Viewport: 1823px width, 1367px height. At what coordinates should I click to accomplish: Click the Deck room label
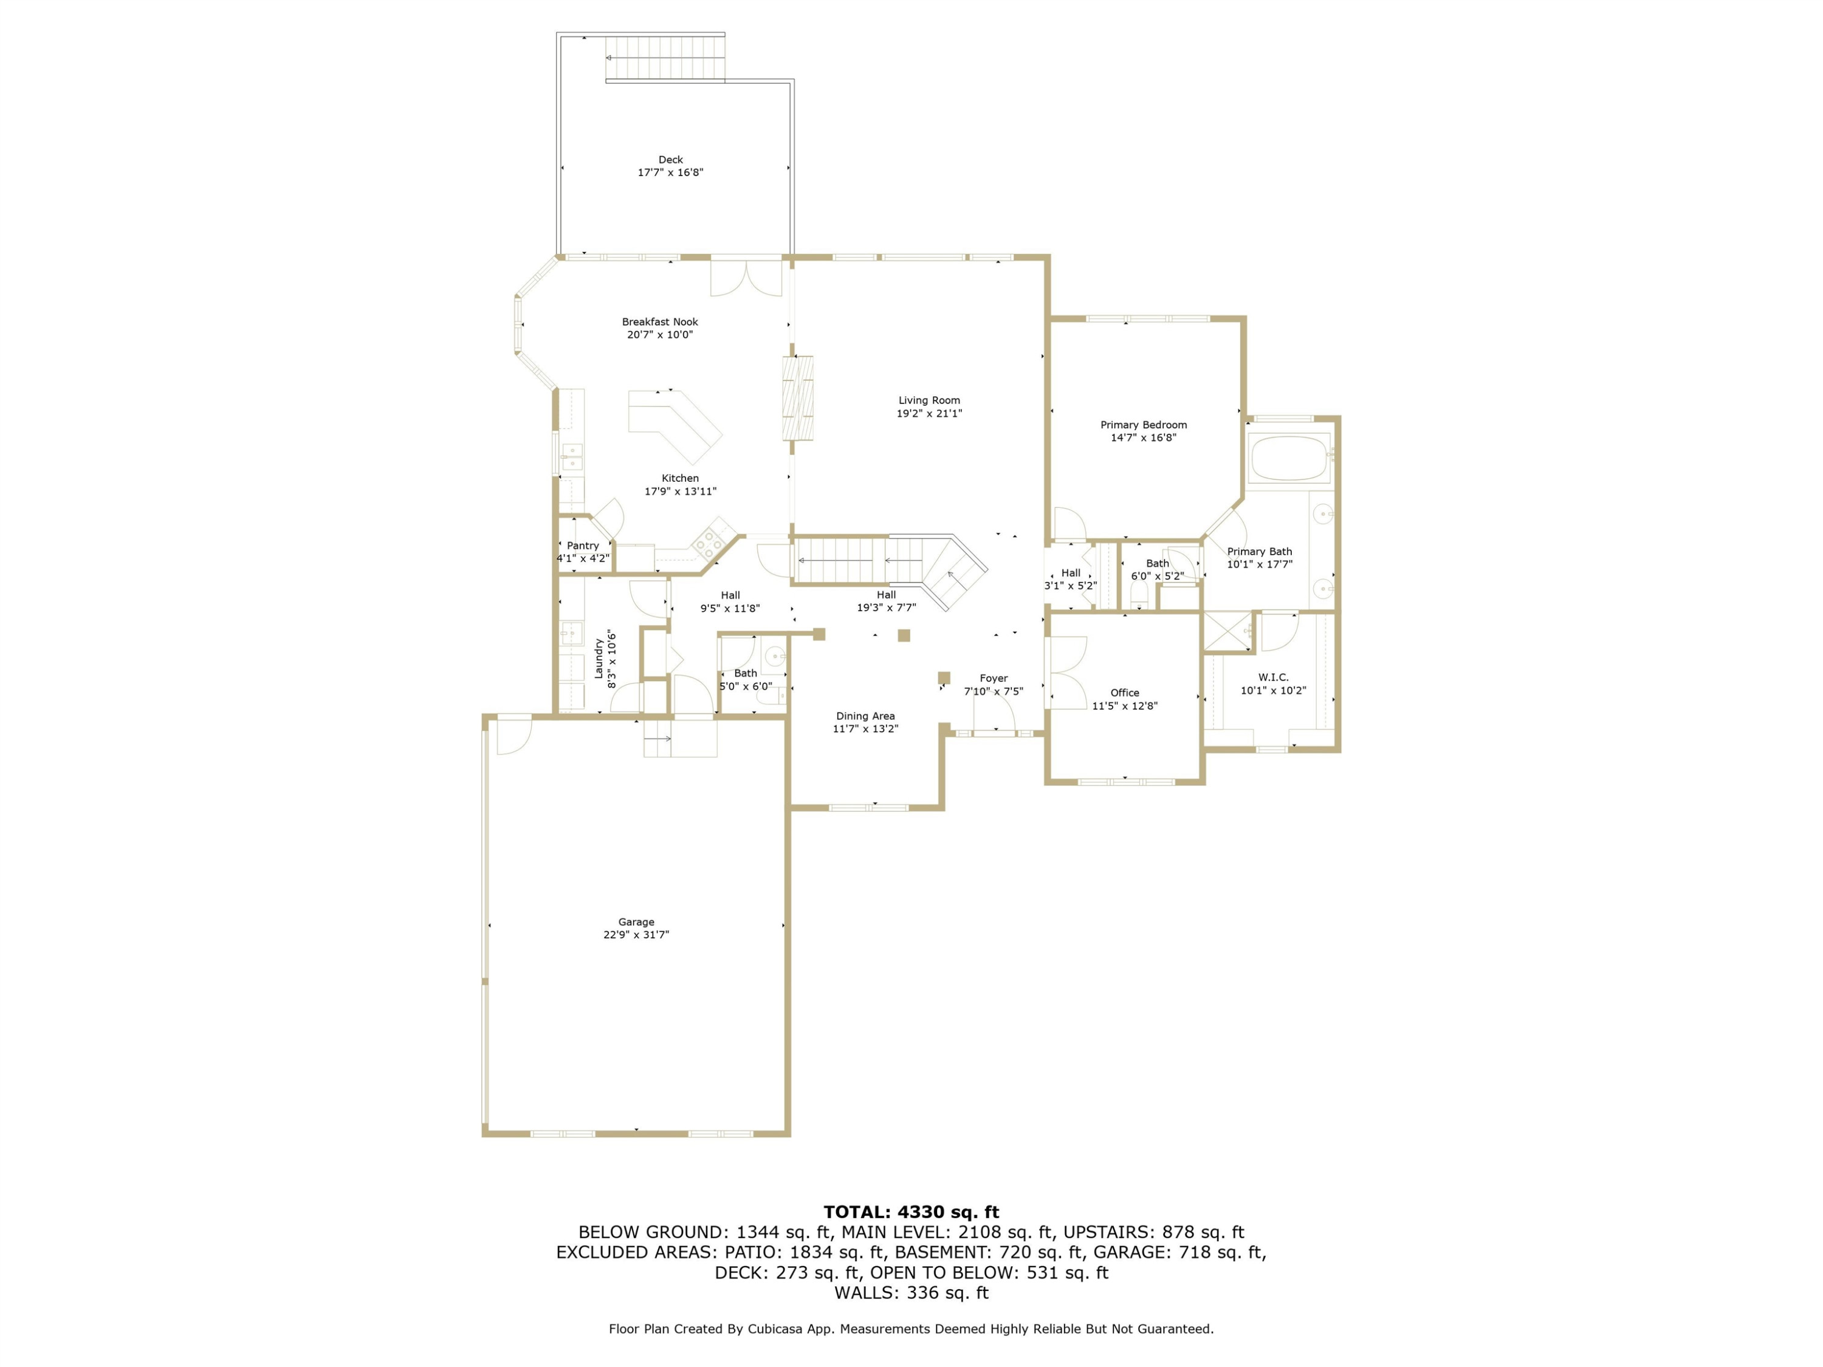[x=670, y=160]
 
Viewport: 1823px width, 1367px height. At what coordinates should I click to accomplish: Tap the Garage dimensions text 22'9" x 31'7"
[x=636, y=934]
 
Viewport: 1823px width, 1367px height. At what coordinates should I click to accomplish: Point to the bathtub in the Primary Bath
[x=1288, y=458]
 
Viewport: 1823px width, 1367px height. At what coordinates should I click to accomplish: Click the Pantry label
[x=583, y=546]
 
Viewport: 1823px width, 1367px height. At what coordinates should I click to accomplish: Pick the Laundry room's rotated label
[x=599, y=659]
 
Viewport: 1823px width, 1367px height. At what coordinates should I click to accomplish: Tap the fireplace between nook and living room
[x=798, y=398]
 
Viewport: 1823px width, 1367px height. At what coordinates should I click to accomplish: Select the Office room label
[x=1124, y=693]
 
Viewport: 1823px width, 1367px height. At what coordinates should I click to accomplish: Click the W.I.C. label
[x=1273, y=677]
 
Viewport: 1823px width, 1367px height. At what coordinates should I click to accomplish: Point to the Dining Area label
[x=865, y=716]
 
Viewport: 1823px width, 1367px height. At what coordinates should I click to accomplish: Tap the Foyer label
[x=994, y=678]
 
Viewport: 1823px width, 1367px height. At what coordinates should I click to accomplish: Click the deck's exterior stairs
[x=665, y=58]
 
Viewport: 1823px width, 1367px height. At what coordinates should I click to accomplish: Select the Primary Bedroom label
[x=1143, y=425]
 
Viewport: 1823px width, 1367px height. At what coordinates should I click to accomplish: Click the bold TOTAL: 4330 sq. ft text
[x=911, y=1212]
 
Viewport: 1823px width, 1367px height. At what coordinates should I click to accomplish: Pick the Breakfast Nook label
[x=659, y=322]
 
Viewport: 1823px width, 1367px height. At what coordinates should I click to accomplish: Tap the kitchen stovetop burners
[x=708, y=541]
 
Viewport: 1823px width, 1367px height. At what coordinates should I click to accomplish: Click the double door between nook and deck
[x=747, y=278]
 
